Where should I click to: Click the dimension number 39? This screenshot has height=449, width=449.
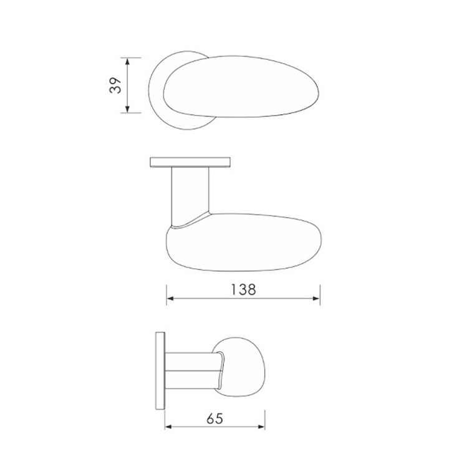pos(115,85)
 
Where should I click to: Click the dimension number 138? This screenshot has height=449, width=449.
pos(243,289)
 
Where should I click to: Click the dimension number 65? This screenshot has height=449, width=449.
pos(215,419)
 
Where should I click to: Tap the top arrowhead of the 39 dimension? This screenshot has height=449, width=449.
pos(127,61)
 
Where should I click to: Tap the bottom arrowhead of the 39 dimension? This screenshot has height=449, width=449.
pos(127,109)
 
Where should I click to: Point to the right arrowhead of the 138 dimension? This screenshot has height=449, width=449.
pos(316,299)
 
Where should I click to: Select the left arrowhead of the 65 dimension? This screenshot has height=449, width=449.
pos(168,427)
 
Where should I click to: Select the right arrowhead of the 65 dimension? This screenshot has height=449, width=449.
pos(261,427)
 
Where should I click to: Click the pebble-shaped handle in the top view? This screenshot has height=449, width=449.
pos(241,87)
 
